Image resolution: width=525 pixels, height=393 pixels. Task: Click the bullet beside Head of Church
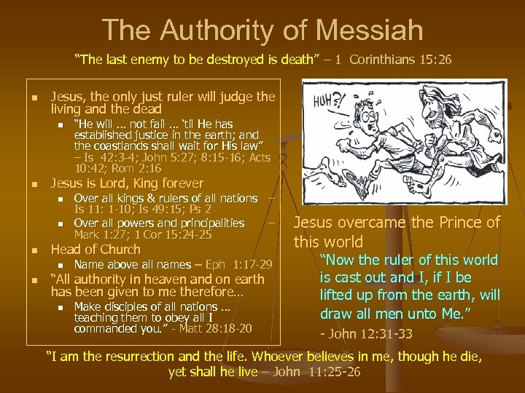coord(25,250)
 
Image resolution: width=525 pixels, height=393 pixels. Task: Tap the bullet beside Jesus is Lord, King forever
coord(25,184)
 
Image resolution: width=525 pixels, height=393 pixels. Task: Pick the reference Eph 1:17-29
coord(241,263)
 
